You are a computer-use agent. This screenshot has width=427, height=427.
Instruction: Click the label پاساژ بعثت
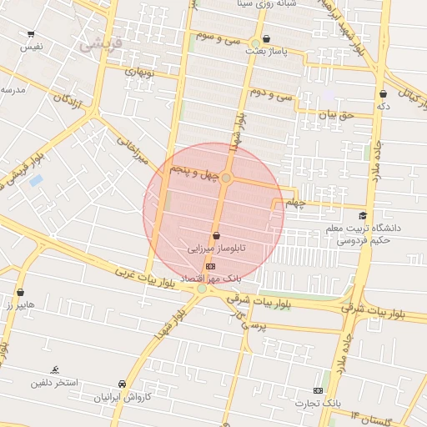tap(267, 52)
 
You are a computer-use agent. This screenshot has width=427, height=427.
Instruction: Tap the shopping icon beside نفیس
tap(31, 35)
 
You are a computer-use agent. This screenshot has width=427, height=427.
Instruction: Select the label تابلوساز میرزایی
tap(216, 249)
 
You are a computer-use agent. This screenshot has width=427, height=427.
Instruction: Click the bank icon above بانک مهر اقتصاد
tap(209, 265)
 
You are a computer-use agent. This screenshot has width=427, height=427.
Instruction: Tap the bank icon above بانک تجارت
tap(318, 390)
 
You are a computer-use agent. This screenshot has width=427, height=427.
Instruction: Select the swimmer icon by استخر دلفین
tap(55, 369)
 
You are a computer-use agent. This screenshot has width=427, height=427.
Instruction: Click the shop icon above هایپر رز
tap(20, 293)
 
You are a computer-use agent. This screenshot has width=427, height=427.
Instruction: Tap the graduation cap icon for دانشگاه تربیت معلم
tap(362, 216)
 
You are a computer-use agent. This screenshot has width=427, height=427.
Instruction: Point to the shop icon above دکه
tap(383, 94)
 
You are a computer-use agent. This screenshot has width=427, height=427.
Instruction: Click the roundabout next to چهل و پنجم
tap(227, 178)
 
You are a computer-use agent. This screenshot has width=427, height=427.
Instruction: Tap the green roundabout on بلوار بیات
tap(202, 289)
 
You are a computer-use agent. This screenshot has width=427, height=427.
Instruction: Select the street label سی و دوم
tap(271, 93)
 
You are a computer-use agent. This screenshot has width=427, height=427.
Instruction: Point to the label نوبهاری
tap(140, 72)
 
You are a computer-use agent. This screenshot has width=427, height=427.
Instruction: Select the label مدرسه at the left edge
tap(12, 89)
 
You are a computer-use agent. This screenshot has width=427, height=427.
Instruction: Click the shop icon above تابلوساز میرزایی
tap(217, 235)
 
